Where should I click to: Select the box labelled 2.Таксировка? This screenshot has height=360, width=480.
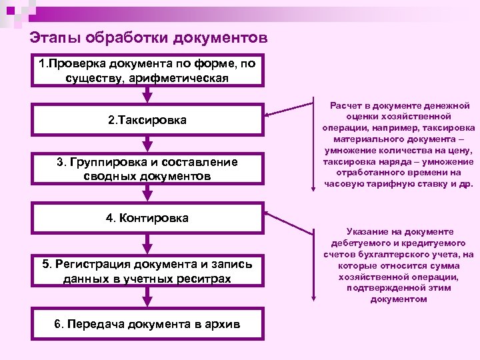(147, 121)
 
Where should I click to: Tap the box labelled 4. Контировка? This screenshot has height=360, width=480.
(147, 218)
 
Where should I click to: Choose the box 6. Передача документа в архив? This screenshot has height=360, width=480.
(147, 324)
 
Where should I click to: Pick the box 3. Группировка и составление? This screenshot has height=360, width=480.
(147, 169)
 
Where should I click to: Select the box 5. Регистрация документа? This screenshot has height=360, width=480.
(147, 271)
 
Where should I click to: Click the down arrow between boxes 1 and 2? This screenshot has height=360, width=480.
(147, 94)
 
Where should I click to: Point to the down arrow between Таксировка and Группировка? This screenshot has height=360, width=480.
(147, 144)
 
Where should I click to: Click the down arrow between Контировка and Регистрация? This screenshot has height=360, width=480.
(147, 243)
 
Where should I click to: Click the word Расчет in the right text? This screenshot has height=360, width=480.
(347, 106)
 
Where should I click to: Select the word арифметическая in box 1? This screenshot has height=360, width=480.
(187, 78)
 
